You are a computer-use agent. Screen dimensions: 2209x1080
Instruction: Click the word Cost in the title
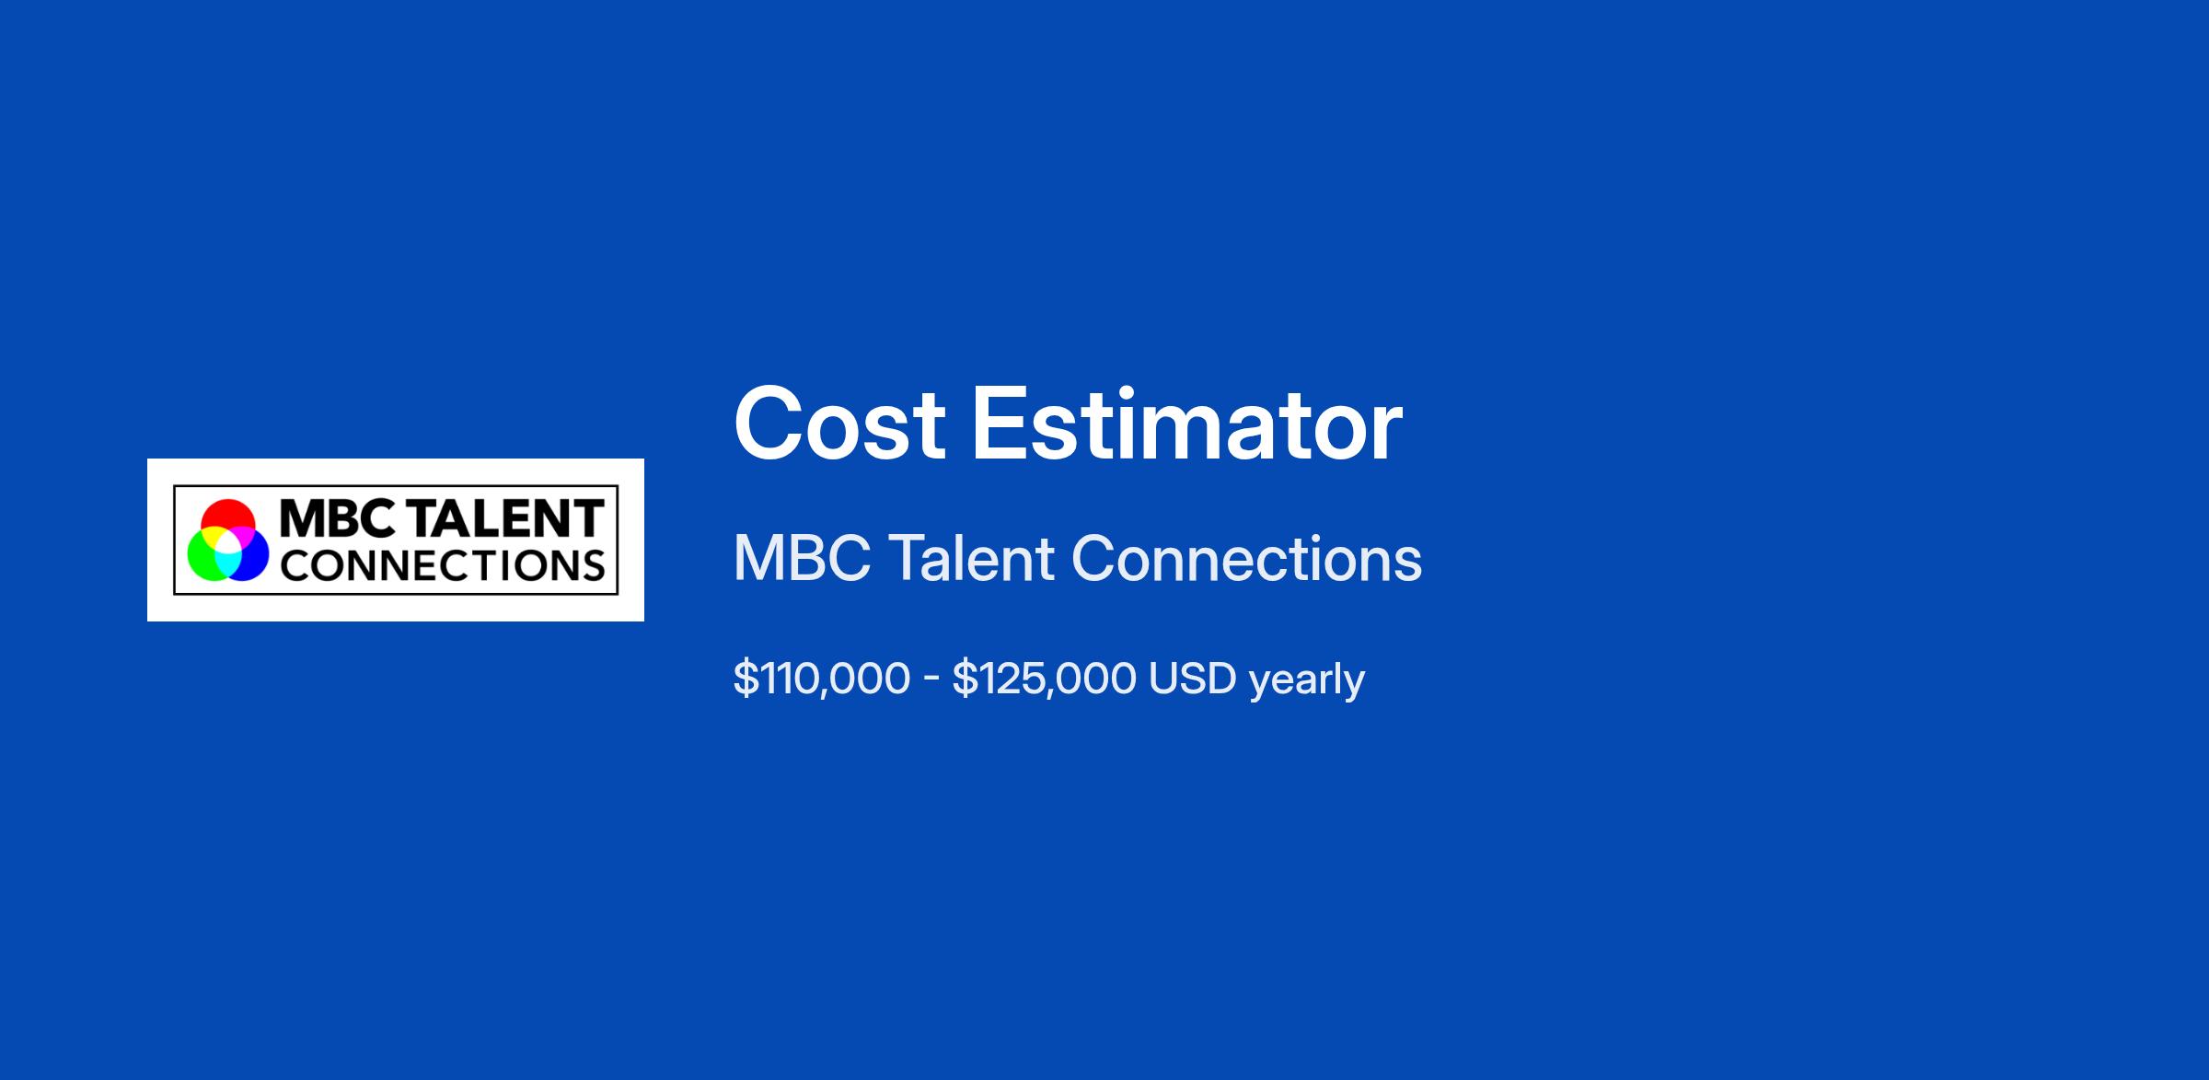pos(839,424)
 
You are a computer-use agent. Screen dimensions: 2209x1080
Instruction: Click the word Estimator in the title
pos(1187,424)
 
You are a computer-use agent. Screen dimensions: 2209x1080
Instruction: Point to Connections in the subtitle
pos(1247,559)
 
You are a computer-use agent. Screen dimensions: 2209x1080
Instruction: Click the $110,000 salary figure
pos(822,679)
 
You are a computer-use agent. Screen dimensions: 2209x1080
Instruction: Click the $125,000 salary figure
pos(1045,679)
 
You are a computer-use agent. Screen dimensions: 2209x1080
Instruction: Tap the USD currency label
pos(1192,679)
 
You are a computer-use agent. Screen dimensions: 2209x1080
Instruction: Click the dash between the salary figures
pos(931,680)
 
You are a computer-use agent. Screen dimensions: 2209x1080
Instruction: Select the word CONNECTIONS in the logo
pos(443,565)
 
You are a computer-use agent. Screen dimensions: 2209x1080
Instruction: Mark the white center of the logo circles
pos(228,543)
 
